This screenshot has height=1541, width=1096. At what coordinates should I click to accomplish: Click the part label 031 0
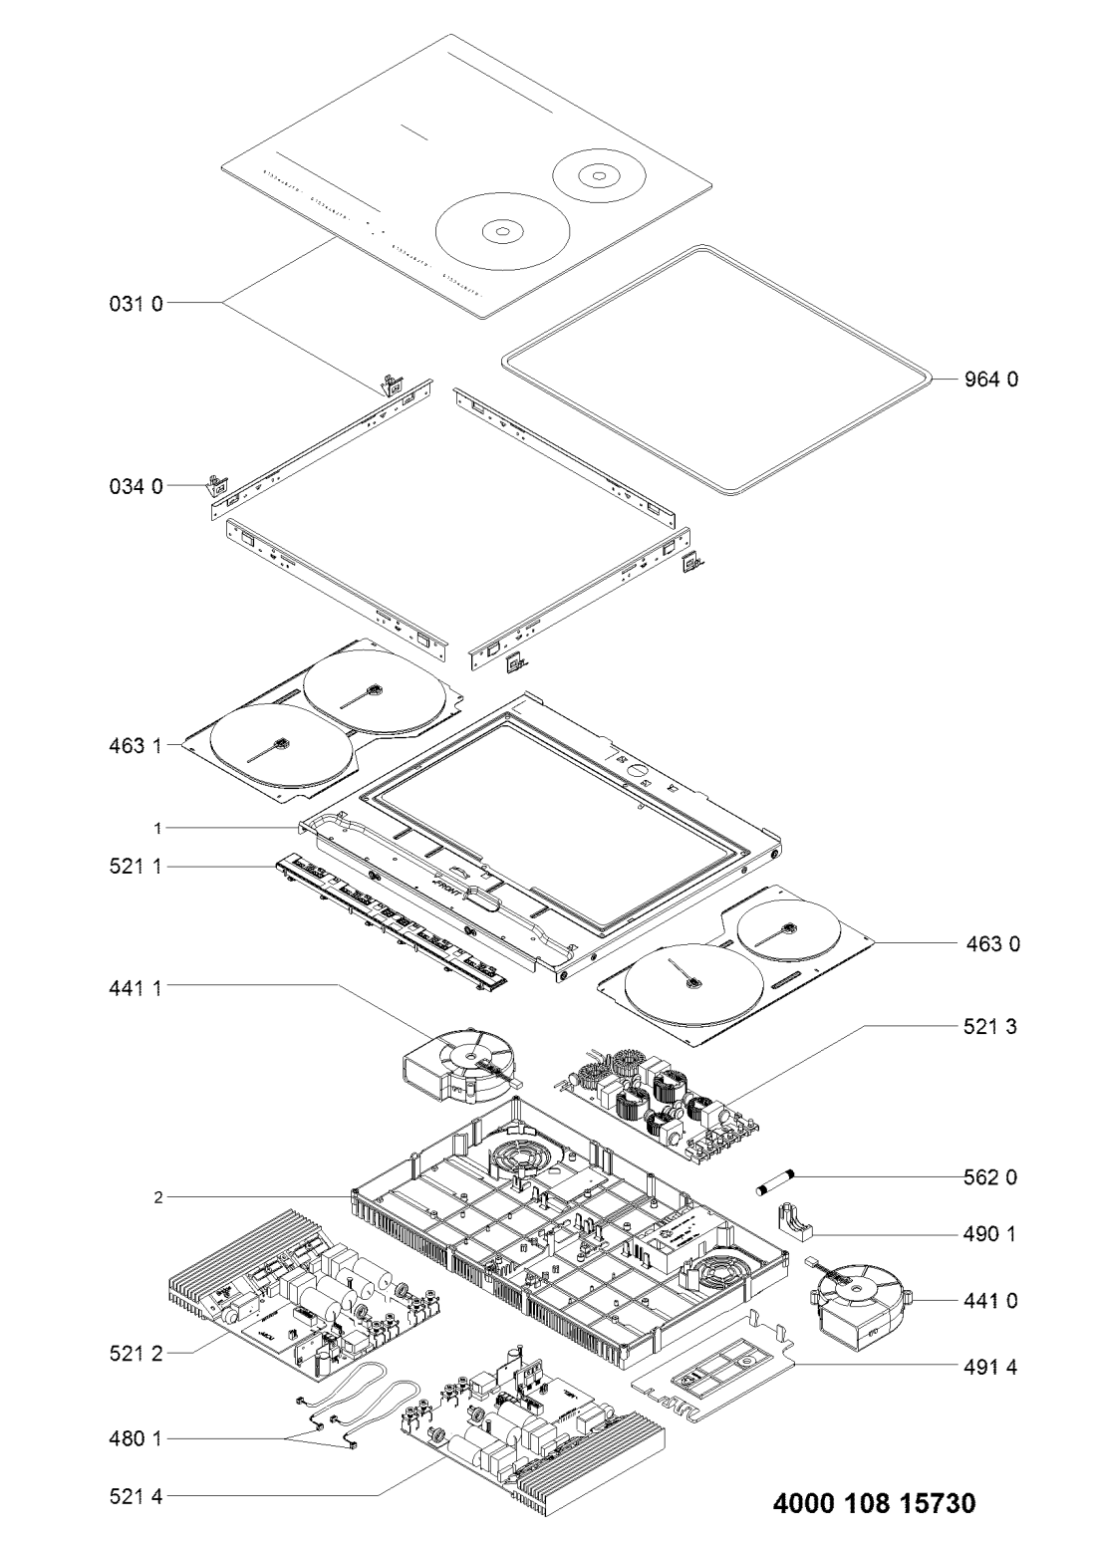click(x=136, y=302)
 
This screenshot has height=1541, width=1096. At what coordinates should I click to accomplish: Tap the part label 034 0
click(x=136, y=487)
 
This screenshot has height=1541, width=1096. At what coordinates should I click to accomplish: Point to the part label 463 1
click(x=136, y=743)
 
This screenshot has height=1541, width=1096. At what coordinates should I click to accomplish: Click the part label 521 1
click(x=136, y=869)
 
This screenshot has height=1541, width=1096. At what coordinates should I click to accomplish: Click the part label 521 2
click(x=136, y=1354)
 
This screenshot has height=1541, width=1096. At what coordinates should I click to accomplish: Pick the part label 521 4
click(x=136, y=1495)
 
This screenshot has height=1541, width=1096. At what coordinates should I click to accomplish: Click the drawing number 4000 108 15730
click(x=875, y=1502)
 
